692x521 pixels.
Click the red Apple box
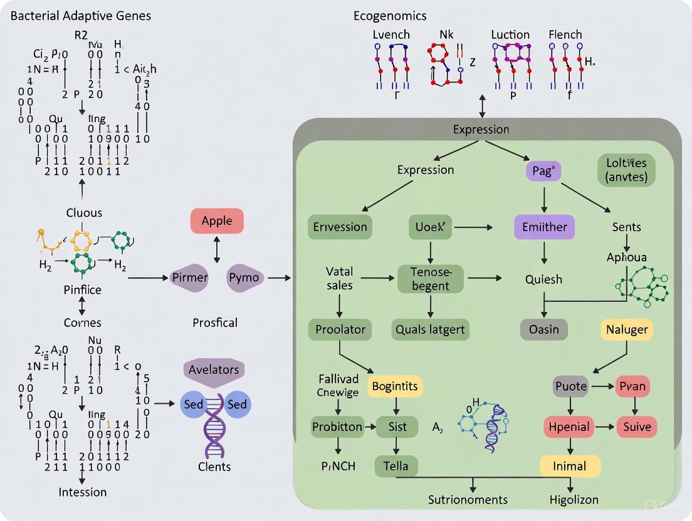coord(217,222)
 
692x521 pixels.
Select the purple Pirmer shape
coord(190,277)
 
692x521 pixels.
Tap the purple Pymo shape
coord(247,277)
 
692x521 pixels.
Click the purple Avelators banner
coord(214,369)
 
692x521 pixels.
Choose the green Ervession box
coord(340,227)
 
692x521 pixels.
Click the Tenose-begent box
coord(430,279)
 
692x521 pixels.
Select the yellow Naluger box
coord(627,329)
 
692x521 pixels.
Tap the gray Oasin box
coord(544,329)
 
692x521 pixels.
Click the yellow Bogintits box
coord(395,386)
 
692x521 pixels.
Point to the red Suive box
coord(637,428)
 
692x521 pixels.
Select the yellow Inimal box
coord(570,466)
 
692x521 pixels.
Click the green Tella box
coord(396,466)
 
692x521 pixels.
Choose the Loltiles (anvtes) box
coord(626,170)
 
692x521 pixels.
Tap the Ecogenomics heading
coord(390,16)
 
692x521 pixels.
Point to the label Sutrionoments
coord(468,499)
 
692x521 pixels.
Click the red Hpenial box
coord(569,428)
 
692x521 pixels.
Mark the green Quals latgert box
coord(431,329)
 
